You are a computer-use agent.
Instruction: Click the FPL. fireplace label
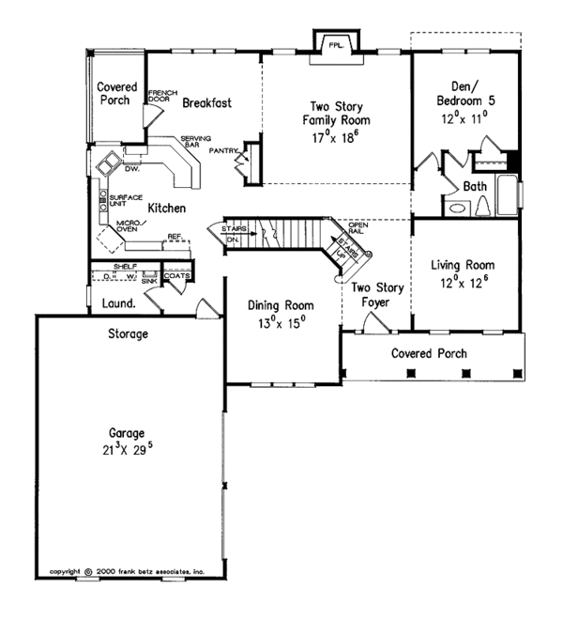click(332, 44)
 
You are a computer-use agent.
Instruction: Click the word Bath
click(475, 187)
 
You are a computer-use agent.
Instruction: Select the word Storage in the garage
click(129, 333)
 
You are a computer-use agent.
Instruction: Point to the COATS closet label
click(176, 275)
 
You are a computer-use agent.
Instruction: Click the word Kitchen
click(164, 208)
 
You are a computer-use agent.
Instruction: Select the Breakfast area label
click(206, 102)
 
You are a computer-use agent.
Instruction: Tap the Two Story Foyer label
click(371, 294)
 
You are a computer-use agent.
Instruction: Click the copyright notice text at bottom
click(126, 570)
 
